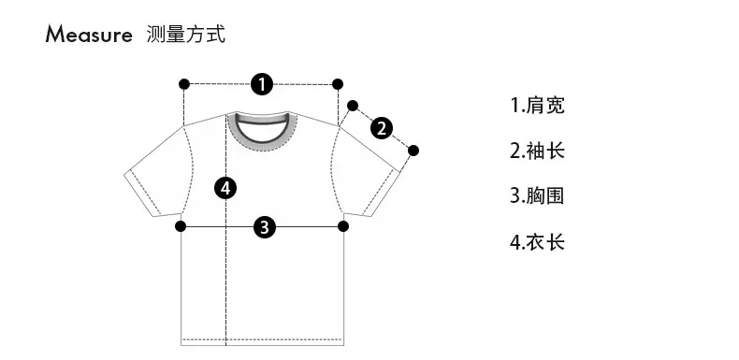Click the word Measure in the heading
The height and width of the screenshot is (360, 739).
click(x=89, y=35)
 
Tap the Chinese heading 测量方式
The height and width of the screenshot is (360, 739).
click(x=186, y=35)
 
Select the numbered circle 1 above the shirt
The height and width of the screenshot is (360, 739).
click(x=262, y=84)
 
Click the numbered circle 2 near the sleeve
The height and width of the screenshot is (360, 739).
click(x=382, y=128)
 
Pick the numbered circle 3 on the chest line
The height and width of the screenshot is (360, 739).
click(x=265, y=226)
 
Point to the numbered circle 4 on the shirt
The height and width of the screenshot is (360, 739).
click(x=225, y=189)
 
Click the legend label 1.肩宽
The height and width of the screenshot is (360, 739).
click(x=537, y=105)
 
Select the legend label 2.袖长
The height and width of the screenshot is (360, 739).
click(x=537, y=151)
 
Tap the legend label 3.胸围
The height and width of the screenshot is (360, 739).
click(x=537, y=196)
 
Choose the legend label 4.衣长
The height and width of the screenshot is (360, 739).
click(x=537, y=242)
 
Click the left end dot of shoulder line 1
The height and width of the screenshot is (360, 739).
click(x=184, y=84)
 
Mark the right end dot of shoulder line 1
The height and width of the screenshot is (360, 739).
click(x=338, y=84)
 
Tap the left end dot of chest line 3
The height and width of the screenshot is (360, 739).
click(x=181, y=226)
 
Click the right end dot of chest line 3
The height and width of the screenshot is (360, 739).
click(x=343, y=226)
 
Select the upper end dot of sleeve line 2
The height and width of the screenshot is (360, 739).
click(x=353, y=106)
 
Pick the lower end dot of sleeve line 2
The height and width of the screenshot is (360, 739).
click(x=413, y=151)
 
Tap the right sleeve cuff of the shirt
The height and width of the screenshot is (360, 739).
click(x=384, y=194)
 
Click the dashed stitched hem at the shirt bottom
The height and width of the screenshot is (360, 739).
click(x=262, y=339)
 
